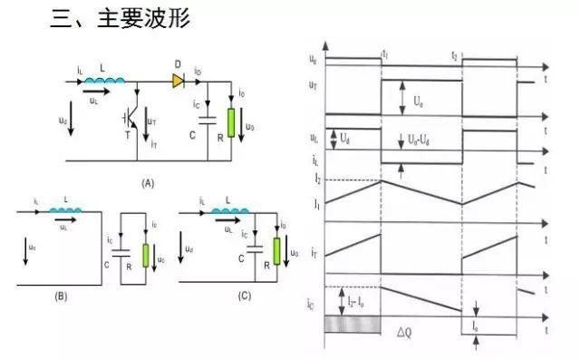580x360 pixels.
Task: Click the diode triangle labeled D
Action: tap(179, 80)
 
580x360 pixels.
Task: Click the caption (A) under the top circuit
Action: tap(149, 183)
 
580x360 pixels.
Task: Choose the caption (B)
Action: tap(62, 296)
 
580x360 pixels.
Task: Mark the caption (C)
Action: tap(244, 296)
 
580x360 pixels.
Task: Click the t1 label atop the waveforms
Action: tap(386, 55)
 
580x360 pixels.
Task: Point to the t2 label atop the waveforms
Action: tap(455, 55)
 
